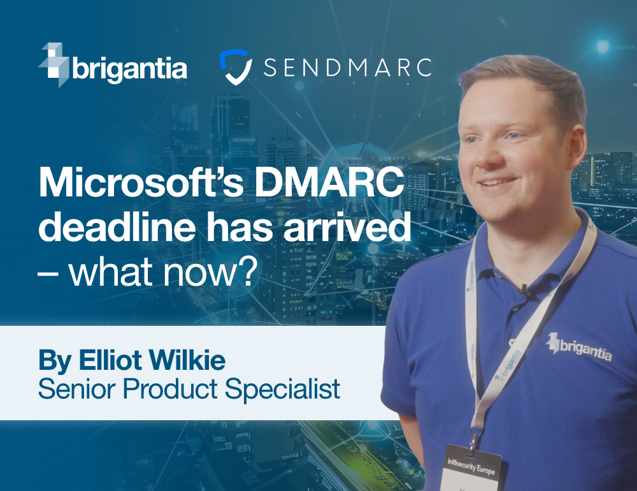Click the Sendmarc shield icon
pos(236,67)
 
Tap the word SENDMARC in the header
pos(347,68)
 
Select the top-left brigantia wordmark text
pos(129,68)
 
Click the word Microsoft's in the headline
pos(141,183)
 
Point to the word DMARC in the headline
pos(329,183)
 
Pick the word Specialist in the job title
pos(282,390)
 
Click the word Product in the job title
pos(170,389)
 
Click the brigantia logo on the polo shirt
pos(578,347)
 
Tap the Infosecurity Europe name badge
pos(471,468)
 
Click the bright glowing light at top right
pos(603,46)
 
